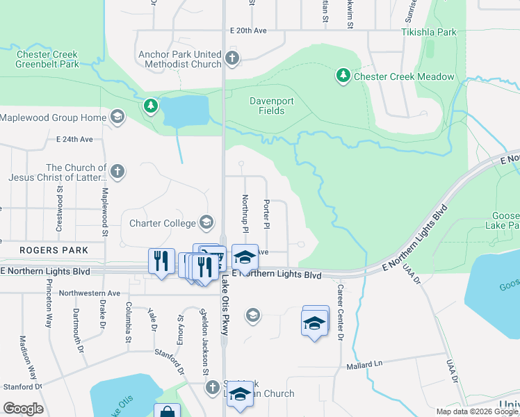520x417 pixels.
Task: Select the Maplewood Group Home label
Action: point(54,117)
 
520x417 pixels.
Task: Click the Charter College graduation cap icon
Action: point(206,222)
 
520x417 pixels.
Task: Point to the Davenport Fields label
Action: point(268,106)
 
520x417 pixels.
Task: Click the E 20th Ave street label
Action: point(248,31)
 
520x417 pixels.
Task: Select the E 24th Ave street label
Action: point(74,139)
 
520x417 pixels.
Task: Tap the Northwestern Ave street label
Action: point(90,293)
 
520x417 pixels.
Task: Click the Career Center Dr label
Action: point(341,312)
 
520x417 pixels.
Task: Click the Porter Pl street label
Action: point(266,214)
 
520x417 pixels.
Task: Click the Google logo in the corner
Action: point(23,409)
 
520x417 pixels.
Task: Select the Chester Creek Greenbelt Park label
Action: point(47,59)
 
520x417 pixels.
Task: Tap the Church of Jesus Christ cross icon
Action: point(118,170)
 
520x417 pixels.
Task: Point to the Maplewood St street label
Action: point(105,202)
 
